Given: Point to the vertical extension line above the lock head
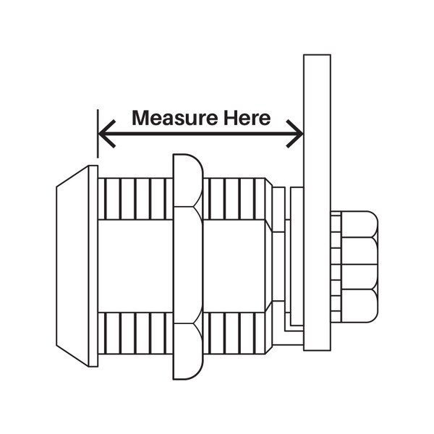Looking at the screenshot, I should coord(97,134).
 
